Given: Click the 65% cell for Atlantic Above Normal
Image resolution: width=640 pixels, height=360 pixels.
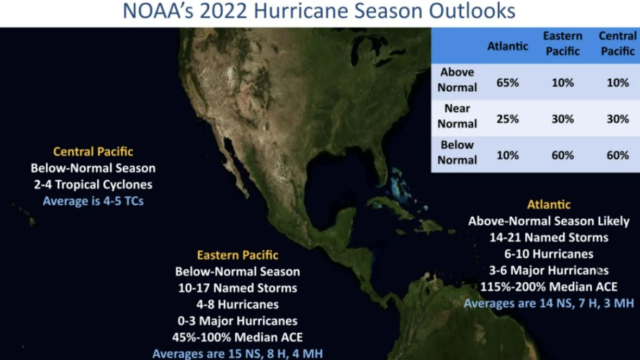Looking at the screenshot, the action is click(507, 83).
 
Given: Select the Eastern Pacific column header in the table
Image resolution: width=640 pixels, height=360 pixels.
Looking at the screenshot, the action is click(562, 43).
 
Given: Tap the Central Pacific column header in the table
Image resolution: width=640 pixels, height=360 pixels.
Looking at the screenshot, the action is click(617, 43).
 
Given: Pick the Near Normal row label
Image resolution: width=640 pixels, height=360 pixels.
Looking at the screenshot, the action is click(457, 116).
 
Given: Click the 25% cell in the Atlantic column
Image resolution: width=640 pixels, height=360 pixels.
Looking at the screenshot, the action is click(507, 119).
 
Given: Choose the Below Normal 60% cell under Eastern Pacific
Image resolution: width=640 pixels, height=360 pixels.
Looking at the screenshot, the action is click(562, 155).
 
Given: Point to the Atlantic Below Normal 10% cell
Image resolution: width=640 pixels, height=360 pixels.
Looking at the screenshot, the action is click(507, 155).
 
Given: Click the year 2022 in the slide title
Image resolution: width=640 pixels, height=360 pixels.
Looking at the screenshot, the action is click(223, 11).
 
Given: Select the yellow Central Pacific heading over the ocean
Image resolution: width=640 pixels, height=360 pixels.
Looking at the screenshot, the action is click(93, 151).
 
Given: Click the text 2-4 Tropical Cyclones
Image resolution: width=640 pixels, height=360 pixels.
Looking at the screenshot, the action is click(93, 185).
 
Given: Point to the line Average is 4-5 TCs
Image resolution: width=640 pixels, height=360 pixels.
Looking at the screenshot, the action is click(93, 201).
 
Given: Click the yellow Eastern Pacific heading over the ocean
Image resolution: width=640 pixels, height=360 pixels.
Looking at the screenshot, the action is click(237, 255).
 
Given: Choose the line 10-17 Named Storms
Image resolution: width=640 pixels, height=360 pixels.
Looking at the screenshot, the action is click(237, 288).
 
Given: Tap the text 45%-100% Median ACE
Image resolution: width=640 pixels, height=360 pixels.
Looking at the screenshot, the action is click(237, 337).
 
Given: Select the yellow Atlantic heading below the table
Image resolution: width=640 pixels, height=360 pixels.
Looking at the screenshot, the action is click(549, 205).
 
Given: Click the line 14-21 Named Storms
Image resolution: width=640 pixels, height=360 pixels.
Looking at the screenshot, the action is click(549, 237).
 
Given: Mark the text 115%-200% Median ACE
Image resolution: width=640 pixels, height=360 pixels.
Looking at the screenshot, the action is click(549, 287).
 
